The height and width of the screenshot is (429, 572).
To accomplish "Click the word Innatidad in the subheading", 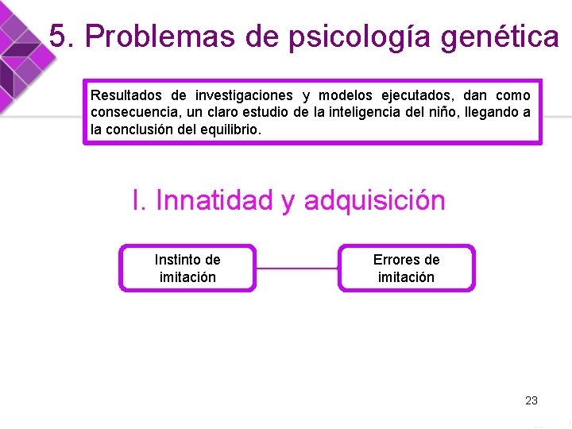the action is [x=214, y=200].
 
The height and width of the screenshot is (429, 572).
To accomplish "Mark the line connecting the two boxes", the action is [x=297, y=269].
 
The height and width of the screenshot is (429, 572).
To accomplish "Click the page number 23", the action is [x=531, y=400].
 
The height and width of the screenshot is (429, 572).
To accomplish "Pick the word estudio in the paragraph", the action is [x=266, y=112].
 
